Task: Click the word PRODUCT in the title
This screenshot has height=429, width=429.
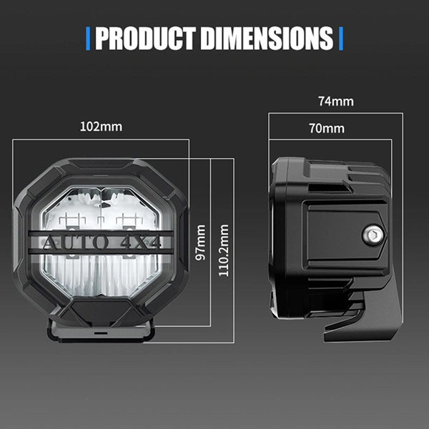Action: (x=145, y=38)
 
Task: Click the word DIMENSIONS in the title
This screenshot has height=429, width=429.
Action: (x=267, y=38)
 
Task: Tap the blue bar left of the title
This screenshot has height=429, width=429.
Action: (x=88, y=39)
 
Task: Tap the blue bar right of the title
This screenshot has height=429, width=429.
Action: (x=341, y=39)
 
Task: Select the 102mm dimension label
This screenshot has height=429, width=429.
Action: (x=101, y=127)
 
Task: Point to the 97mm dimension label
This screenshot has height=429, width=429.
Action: (x=200, y=242)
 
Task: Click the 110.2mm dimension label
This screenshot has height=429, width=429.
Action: (x=224, y=250)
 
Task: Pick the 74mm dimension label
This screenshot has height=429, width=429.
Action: (x=336, y=102)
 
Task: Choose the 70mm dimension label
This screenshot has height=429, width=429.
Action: (x=327, y=129)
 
